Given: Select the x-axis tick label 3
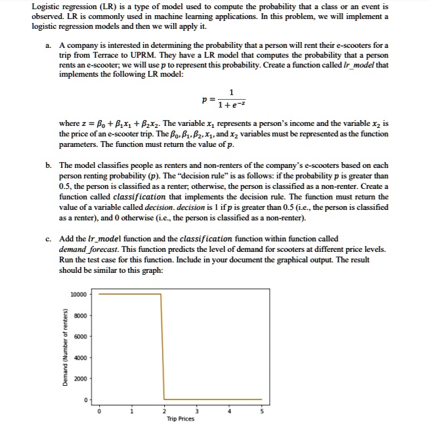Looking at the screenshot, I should point(196,411).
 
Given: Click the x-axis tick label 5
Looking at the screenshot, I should point(261,411).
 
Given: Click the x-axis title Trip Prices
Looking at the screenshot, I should point(180,419).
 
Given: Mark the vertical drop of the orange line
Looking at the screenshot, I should point(163,346).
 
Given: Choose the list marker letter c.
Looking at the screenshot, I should point(49,239).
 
